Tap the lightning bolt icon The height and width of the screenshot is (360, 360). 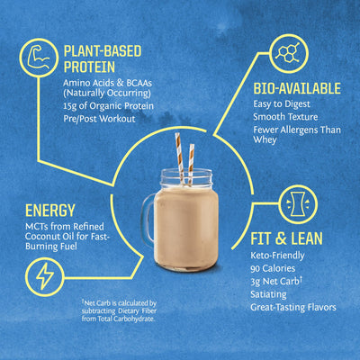point(44,273)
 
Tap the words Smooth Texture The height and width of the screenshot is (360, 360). point(284,118)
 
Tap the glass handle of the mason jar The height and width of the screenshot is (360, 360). point(142,220)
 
